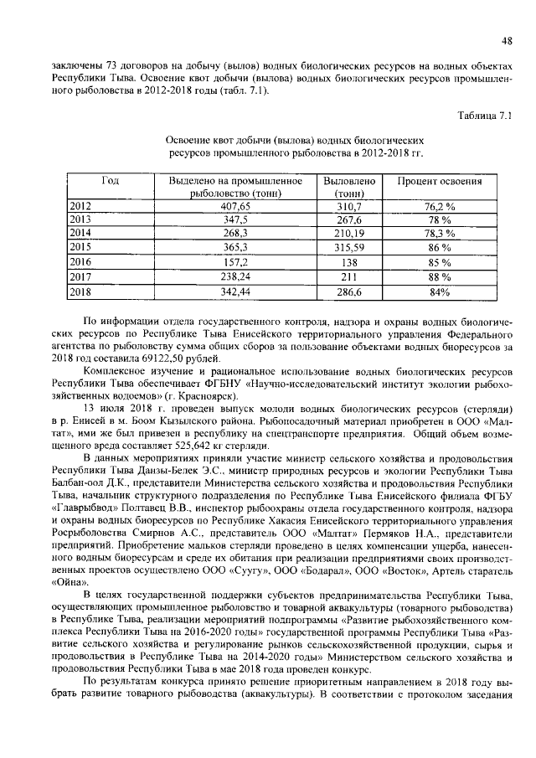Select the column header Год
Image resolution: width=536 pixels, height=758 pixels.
[109, 181]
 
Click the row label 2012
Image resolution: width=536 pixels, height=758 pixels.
[80, 205]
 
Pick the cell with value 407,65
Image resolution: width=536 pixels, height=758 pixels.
[234, 205]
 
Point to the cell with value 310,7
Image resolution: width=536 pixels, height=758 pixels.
[348, 205]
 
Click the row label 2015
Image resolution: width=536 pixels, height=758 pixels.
[80, 248]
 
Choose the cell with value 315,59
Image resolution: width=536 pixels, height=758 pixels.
[348, 248]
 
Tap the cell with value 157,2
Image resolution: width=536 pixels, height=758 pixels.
[234, 262]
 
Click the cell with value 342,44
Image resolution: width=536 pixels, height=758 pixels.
[234, 291]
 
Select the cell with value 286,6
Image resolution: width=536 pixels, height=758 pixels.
[348, 291]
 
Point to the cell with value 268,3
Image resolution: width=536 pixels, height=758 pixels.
[234, 234]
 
